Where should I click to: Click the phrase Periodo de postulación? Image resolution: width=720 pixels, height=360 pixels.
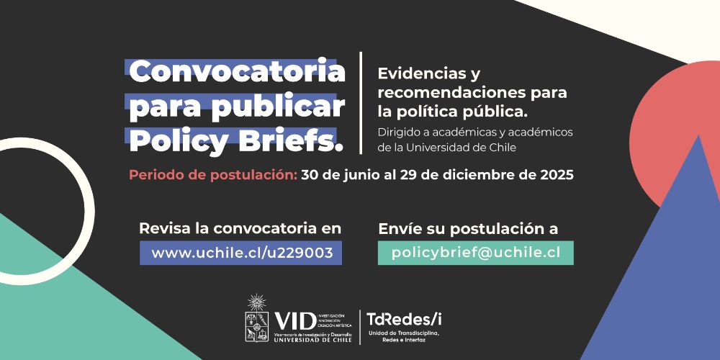coord(212,175)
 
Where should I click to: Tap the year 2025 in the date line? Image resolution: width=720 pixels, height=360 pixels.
coord(554,175)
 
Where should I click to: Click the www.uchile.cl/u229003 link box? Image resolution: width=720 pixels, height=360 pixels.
coord(241,253)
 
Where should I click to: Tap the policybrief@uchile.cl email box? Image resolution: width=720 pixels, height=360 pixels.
coord(475,253)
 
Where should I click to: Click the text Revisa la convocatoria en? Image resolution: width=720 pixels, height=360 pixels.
coord(240,229)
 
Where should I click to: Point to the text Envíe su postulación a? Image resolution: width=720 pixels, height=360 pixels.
coord(468,229)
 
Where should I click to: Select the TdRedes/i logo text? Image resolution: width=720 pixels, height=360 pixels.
coord(404,319)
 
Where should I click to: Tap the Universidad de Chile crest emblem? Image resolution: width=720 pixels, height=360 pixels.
coord(258,320)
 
